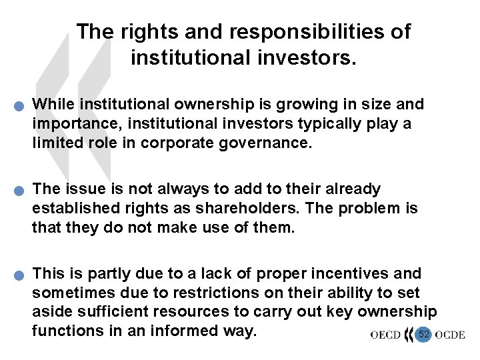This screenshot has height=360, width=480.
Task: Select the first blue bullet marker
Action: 22,106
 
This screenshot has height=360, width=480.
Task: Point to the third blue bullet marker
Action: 22,275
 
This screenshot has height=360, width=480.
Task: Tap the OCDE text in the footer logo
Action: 450,334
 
